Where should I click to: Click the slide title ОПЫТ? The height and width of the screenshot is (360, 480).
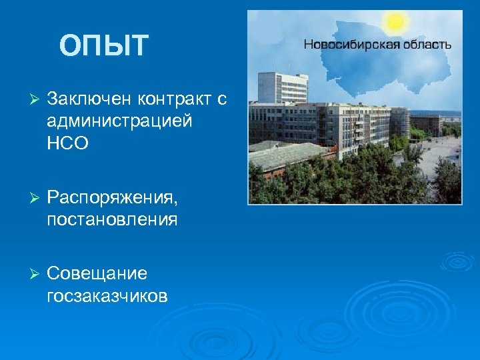103,46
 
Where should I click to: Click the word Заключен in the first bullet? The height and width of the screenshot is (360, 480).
89,99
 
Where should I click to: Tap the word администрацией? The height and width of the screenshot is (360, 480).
120,121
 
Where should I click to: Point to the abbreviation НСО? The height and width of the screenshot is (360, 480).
67,143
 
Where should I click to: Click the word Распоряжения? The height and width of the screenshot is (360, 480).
112,198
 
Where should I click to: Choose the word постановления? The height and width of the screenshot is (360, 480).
112,219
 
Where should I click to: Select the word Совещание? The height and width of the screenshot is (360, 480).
97,273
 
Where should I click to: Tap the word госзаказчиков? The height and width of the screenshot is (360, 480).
107,295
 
